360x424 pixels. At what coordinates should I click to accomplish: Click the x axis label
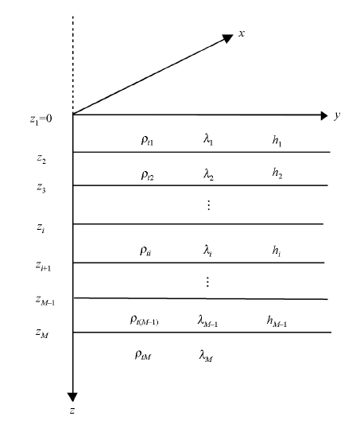[242, 33]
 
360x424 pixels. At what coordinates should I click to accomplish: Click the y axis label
[337, 115]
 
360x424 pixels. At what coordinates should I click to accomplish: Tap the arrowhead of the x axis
[227, 38]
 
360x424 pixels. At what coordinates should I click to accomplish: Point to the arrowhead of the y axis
[324, 115]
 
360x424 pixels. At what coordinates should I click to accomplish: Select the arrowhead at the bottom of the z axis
[72, 397]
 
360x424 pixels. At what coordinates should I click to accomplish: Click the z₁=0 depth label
[41, 119]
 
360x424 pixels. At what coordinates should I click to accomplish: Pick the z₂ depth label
[41, 158]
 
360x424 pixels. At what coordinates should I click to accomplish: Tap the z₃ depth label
[41, 188]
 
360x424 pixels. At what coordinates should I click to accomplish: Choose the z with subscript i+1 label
[43, 266]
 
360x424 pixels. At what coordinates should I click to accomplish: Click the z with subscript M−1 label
[45, 300]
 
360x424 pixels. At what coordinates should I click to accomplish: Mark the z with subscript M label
[42, 333]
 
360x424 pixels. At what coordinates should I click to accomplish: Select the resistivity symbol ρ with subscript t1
[147, 140]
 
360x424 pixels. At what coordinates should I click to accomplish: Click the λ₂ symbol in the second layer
[208, 174]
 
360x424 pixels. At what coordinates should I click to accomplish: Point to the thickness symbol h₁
[277, 141]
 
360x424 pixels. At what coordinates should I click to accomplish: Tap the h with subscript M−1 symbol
[277, 321]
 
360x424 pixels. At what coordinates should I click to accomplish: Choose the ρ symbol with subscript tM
[143, 355]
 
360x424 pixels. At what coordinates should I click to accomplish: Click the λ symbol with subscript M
[207, 356]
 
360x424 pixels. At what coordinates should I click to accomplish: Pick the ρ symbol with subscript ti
[145, 251]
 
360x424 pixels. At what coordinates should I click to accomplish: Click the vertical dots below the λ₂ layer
[208, 205]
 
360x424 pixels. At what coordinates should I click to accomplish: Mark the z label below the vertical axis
[72, 410]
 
